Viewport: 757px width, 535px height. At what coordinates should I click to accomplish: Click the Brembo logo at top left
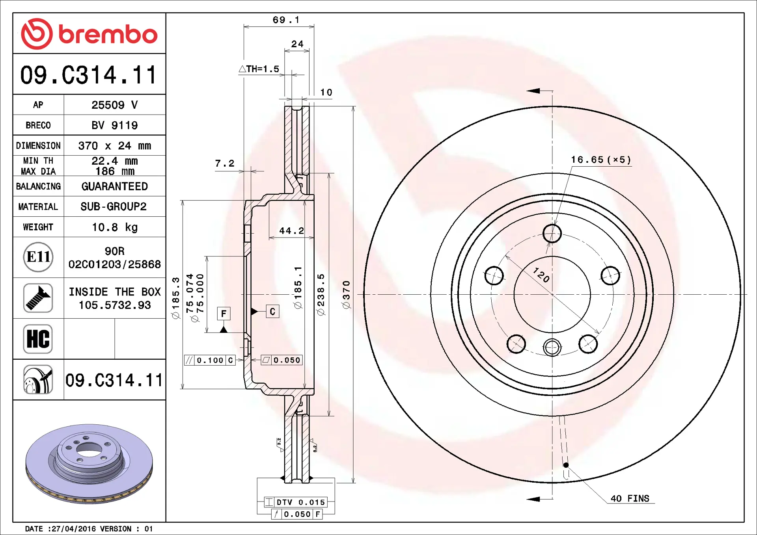coord(89,34)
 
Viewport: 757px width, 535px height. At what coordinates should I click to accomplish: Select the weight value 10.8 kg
coord(114,227)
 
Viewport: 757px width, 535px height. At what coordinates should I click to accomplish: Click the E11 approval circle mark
coord(38,257)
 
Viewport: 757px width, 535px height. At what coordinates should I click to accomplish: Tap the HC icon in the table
coord(38,339)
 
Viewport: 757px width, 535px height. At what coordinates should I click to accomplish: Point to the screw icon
coord(38,298)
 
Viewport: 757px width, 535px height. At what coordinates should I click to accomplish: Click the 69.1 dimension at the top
coord(286,20)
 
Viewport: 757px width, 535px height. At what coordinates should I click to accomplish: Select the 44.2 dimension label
coord(291,231)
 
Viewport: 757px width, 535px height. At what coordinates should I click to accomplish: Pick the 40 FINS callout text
coord(630,499)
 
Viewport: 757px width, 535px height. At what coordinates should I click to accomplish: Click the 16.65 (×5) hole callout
coord(601,160)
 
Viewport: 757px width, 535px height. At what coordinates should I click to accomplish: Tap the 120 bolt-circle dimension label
coord(541,275)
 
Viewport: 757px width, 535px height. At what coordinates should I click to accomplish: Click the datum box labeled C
coord(272,312)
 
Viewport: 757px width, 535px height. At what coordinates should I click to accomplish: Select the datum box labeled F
coord(224,314)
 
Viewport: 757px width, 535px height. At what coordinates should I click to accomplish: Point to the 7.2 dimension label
coord(225,163)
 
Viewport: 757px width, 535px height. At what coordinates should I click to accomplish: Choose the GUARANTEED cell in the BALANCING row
coord(114,186)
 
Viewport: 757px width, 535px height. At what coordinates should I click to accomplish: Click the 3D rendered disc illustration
coord(89,463)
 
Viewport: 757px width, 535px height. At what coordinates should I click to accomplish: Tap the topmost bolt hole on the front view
coord(552,234)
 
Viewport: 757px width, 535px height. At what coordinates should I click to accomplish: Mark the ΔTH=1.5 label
coord(259,69)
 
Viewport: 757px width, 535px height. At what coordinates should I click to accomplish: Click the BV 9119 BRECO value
coord(114,125)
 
